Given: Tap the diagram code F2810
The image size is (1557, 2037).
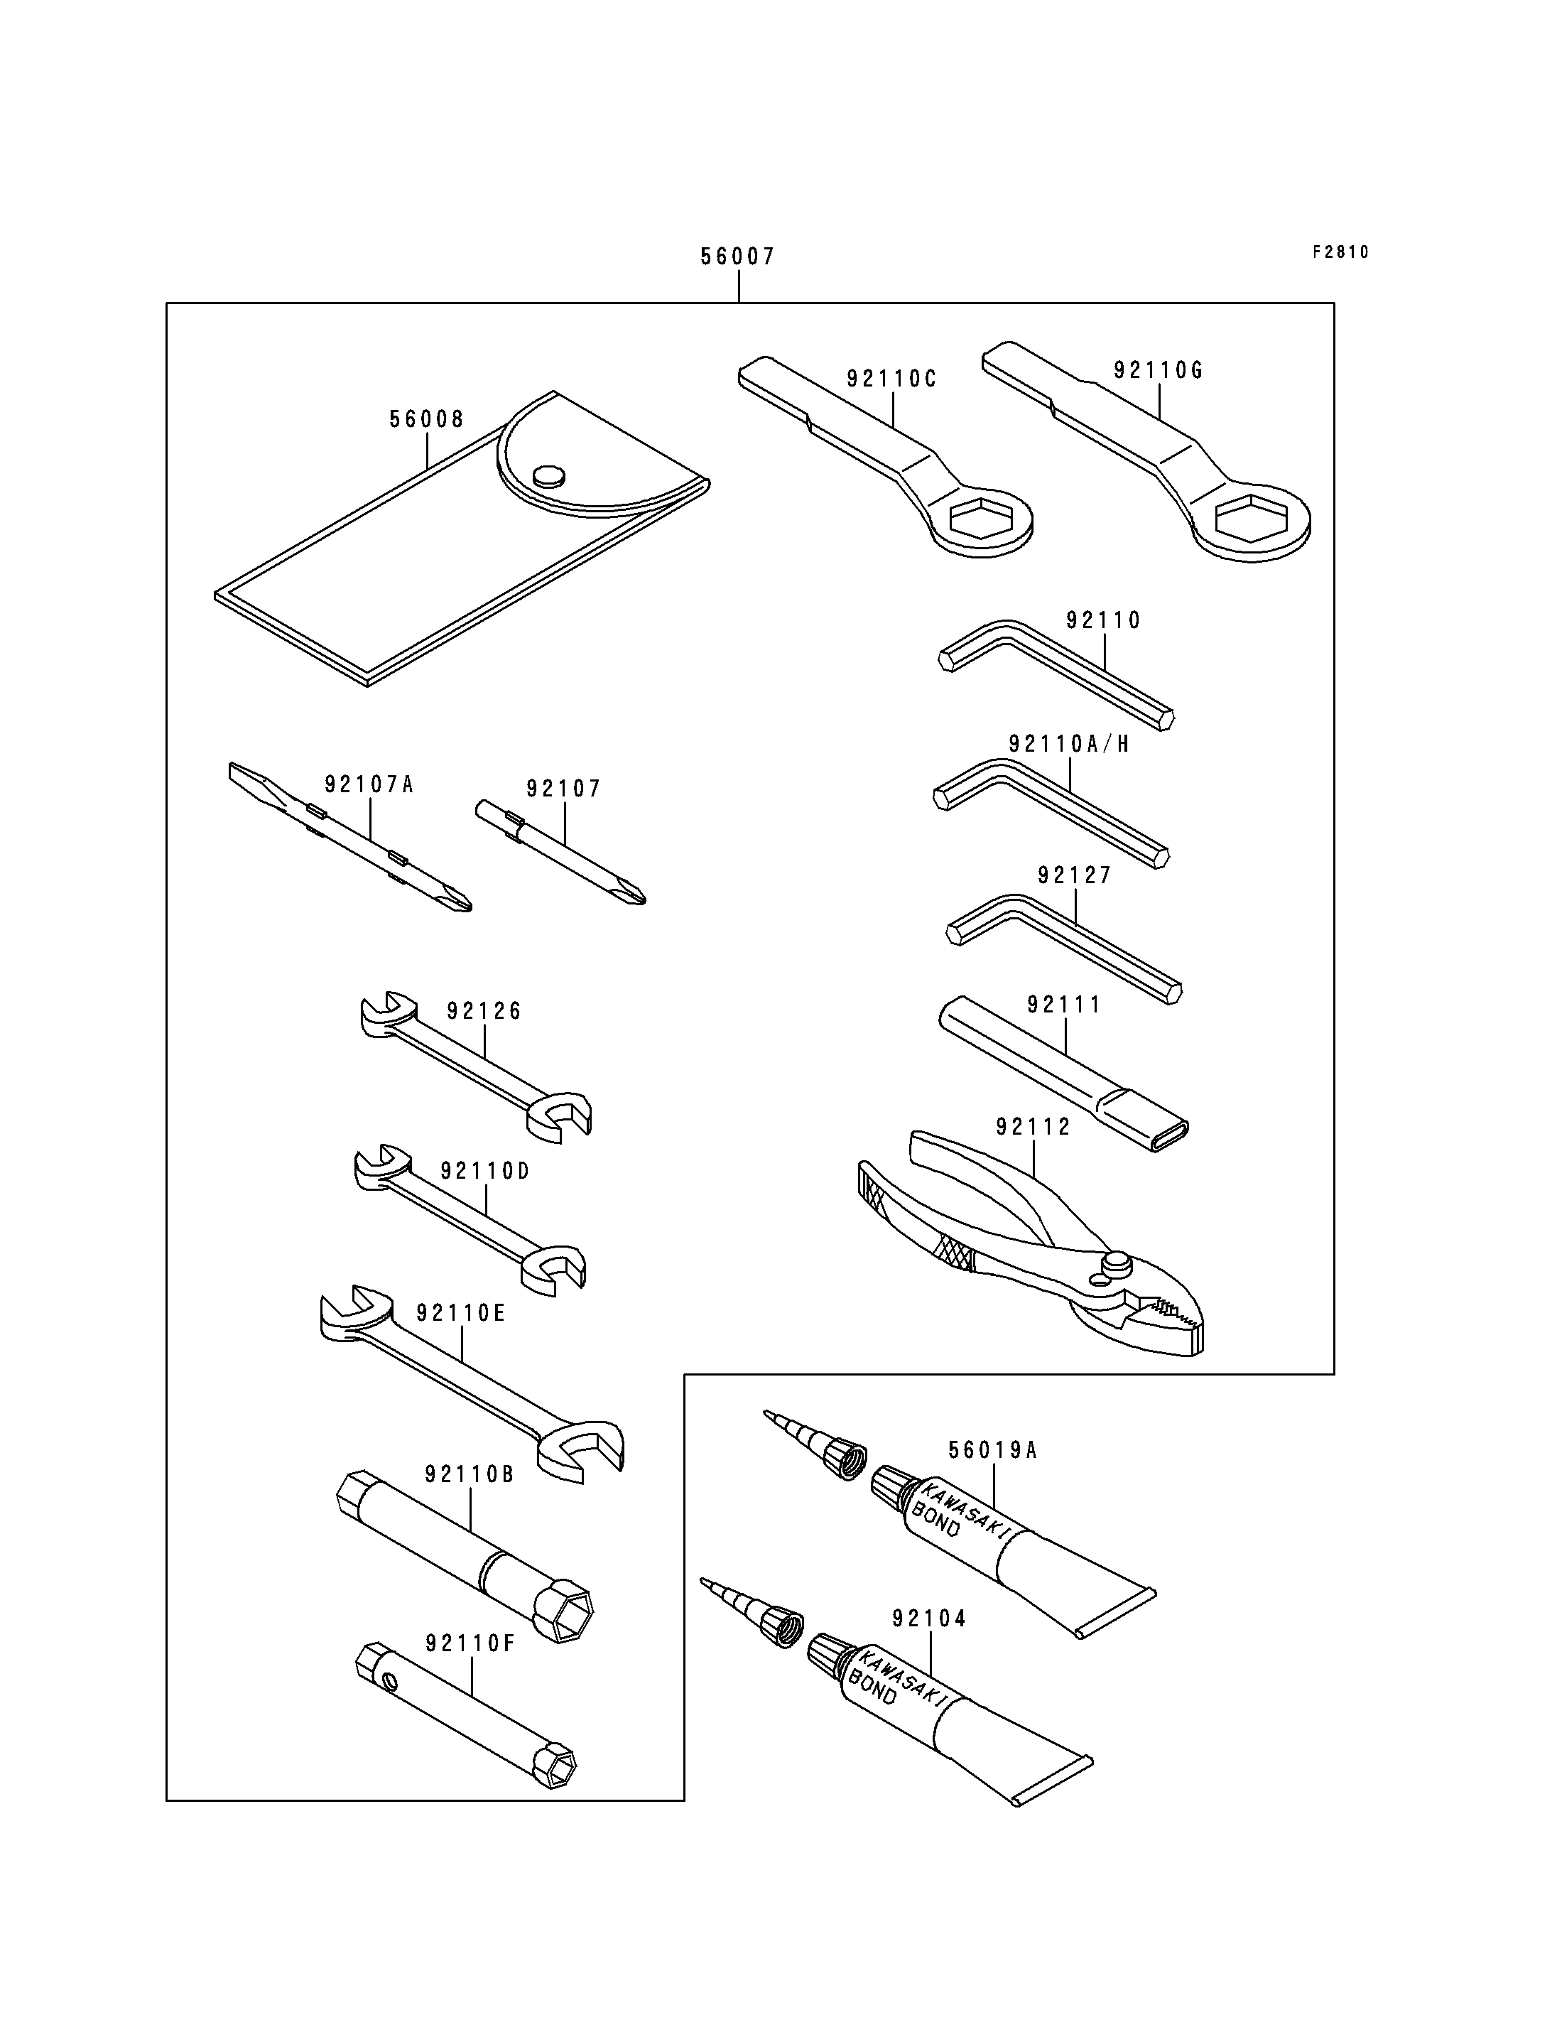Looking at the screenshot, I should (x=1340, y=252).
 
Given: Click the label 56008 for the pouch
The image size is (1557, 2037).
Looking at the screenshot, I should (x=426, y=420).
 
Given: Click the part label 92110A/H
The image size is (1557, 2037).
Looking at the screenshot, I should (x=1068, y=745).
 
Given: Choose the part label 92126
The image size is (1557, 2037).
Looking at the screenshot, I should (x=484, y=1012).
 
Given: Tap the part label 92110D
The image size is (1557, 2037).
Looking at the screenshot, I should (x=484, y=1172).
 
